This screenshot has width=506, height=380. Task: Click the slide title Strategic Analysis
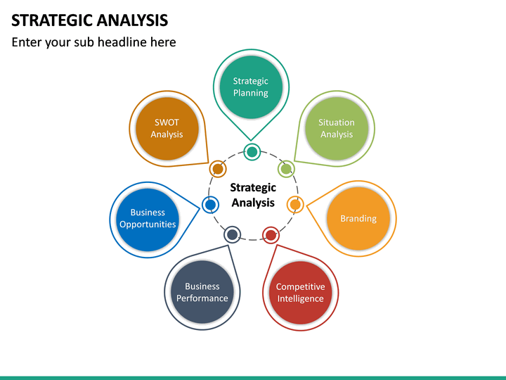pos(90,19)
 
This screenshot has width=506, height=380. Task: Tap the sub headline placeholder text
pos(93,42)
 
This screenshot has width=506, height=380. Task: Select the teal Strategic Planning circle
pos(251,87)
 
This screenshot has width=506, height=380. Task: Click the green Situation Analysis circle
pos(337,128)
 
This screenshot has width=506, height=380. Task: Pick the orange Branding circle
pos(358,218)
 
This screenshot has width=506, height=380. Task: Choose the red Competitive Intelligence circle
pos(300,293)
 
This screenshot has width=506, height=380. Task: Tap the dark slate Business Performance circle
pos(202,292)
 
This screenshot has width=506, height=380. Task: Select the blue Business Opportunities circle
pos(148,218)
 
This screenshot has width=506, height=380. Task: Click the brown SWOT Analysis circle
pos(167,128)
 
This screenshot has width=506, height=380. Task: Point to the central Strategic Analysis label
pos(253,195)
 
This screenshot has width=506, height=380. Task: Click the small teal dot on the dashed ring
pos(252,151)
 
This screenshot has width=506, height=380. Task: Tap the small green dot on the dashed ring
pos(286,169)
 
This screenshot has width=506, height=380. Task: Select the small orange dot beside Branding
pos(295,205)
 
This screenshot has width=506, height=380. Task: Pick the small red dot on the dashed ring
pos(271,234)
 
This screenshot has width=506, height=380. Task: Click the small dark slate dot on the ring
pos(232,234)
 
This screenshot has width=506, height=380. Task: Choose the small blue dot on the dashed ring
pos(210,205)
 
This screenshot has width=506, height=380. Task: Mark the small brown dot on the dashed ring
pos(218,169)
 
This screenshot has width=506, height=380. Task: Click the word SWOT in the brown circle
pos(167,122)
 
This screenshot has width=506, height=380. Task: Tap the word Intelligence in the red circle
pos(300,298)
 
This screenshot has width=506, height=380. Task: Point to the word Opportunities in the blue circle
pos(148,224)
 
